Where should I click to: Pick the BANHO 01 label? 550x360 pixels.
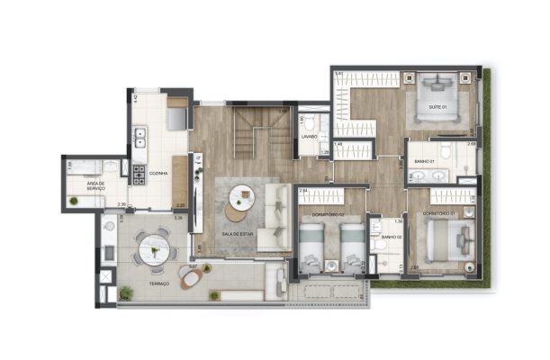425,162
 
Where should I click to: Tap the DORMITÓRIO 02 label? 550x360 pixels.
320,214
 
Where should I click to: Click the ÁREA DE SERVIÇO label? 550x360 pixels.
96,186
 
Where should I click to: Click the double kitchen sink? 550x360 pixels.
140,139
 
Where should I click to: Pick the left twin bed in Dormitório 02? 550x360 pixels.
311,246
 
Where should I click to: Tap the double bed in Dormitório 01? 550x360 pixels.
447,241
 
